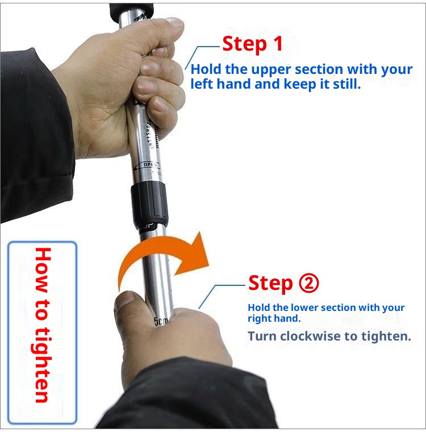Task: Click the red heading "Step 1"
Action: [252, 44]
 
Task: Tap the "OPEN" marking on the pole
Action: [148, 164]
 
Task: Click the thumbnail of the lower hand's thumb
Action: [126, 300]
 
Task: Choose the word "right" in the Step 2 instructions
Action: [260, 319]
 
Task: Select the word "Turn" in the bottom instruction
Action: [261, 336]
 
